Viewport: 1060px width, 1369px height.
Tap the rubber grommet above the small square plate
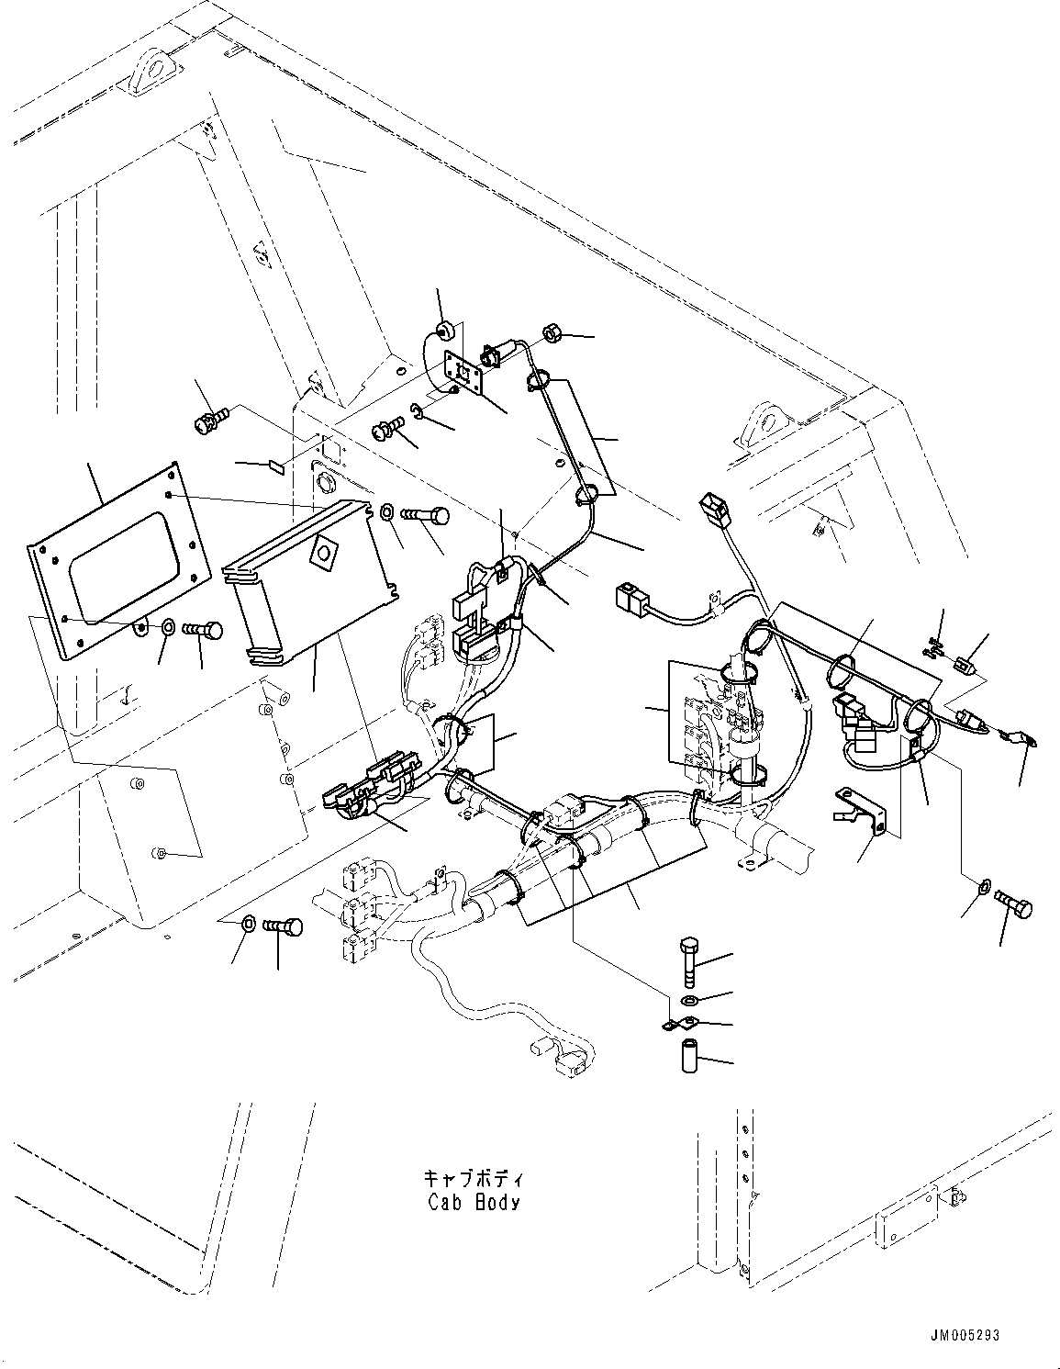coord(445,331)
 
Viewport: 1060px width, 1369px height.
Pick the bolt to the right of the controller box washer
coord(430,517)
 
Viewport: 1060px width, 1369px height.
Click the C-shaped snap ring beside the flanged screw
coord(417,410)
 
